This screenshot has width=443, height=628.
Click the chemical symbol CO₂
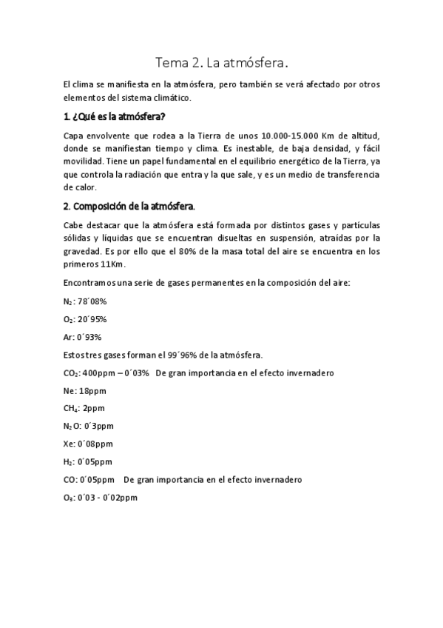pyautogui.click(x=72, y=373)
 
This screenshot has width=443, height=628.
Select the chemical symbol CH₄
pyautogui.click(x=72, y=408)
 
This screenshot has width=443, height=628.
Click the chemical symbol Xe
pyautogui.click(x=70, y=444)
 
